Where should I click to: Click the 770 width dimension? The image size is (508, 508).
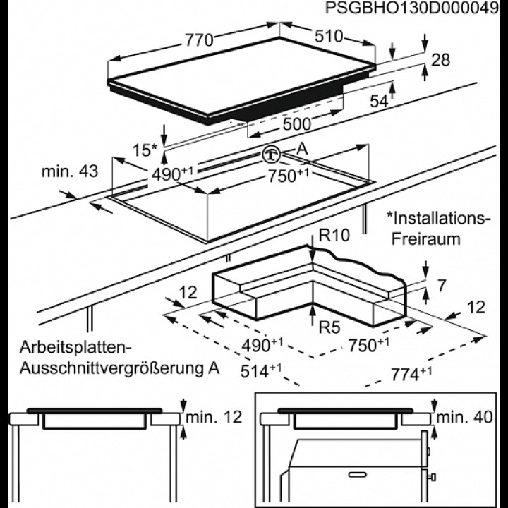[x=199, y=40]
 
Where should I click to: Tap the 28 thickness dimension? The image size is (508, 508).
[x=440, y=61]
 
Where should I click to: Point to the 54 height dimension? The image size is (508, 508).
[x=380, y=102]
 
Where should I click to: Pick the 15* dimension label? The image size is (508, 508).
[x=144, y=150]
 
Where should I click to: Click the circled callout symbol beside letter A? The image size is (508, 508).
[x=271, y=154]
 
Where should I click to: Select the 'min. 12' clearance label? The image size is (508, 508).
[x=214, y=417]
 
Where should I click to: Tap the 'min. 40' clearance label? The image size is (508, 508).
[x=464, y=417]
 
